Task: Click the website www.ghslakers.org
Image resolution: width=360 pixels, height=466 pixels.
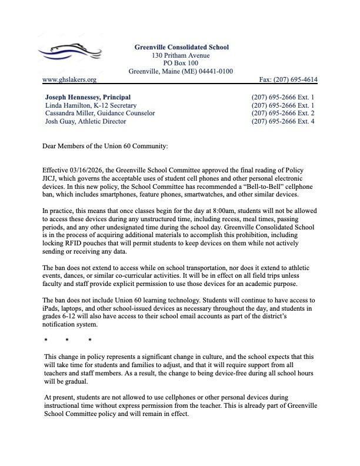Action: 69,79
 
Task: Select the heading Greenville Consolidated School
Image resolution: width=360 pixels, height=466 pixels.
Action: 181,47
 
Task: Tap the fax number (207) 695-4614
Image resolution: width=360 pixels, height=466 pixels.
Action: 288,79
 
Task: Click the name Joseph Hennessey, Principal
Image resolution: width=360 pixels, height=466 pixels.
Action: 88,96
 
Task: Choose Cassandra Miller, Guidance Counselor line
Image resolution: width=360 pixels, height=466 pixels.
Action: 100,113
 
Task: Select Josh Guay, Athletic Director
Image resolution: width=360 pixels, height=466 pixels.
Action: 85,121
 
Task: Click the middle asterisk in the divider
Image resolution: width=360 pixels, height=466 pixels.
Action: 68,341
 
